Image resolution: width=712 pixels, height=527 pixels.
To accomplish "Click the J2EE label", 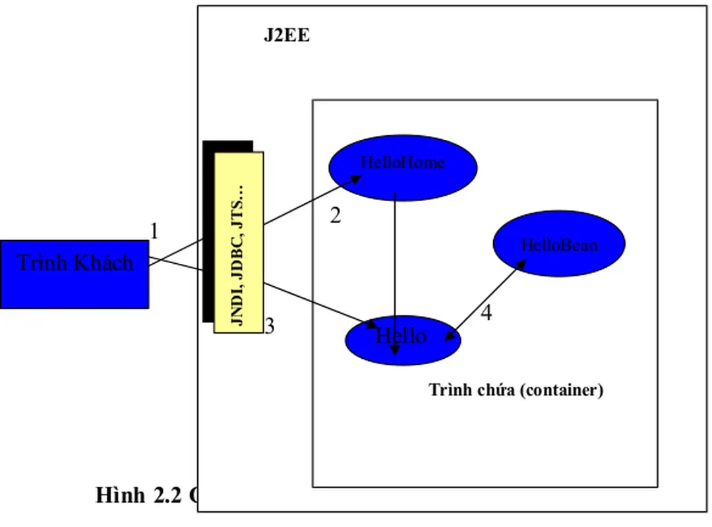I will pyautogui.click(x=287, y=36).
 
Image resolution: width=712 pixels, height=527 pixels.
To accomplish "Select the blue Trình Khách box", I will pyautogui.click(x=74, y=274).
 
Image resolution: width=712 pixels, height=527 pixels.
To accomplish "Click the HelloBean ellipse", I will pyautogui.click(x=559, y=245).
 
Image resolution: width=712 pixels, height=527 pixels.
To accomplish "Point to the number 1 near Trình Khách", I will pyautogui.click(x=154, y=232).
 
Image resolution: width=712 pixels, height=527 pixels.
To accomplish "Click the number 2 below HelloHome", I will pyautogui.click(x=335, y=216).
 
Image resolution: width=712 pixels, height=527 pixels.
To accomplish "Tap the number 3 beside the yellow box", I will pyautogui.click(x=269, y=326).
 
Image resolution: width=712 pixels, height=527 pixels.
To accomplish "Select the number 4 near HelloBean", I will pyautogui.click(x=486, y=313).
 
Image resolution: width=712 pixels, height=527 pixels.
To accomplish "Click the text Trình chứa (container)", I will pyautogui.click(x=516, y=390).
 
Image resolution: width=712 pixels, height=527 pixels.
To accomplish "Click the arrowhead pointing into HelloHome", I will pyautogui.click(x=356, y=178).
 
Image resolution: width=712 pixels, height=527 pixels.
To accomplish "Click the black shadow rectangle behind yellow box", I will pyautogui.click(x=208, y=231).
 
